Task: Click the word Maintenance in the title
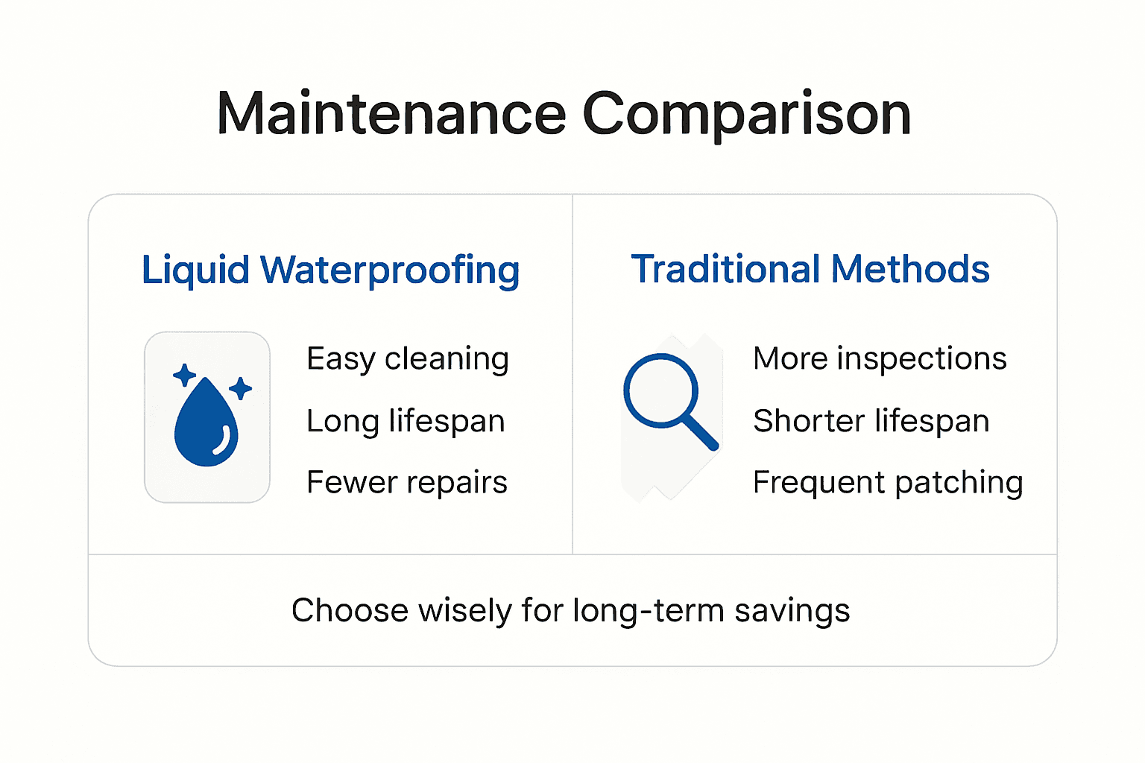coord(391,114)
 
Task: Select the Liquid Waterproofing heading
coord(330,270)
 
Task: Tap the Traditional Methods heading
coord(810,269)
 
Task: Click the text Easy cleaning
coord(408,359)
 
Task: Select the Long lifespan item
coord(406,421)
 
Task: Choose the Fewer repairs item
coord(407,483)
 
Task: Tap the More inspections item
coord(880,359)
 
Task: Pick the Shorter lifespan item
coord(871,421)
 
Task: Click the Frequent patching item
coord(888,483)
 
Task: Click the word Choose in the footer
coord(350,610)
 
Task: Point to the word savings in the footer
coord(792,611)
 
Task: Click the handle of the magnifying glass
coord(701,432)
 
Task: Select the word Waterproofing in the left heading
coord(390,270)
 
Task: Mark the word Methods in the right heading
coord(910,269)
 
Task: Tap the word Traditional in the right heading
coord(725,269)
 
